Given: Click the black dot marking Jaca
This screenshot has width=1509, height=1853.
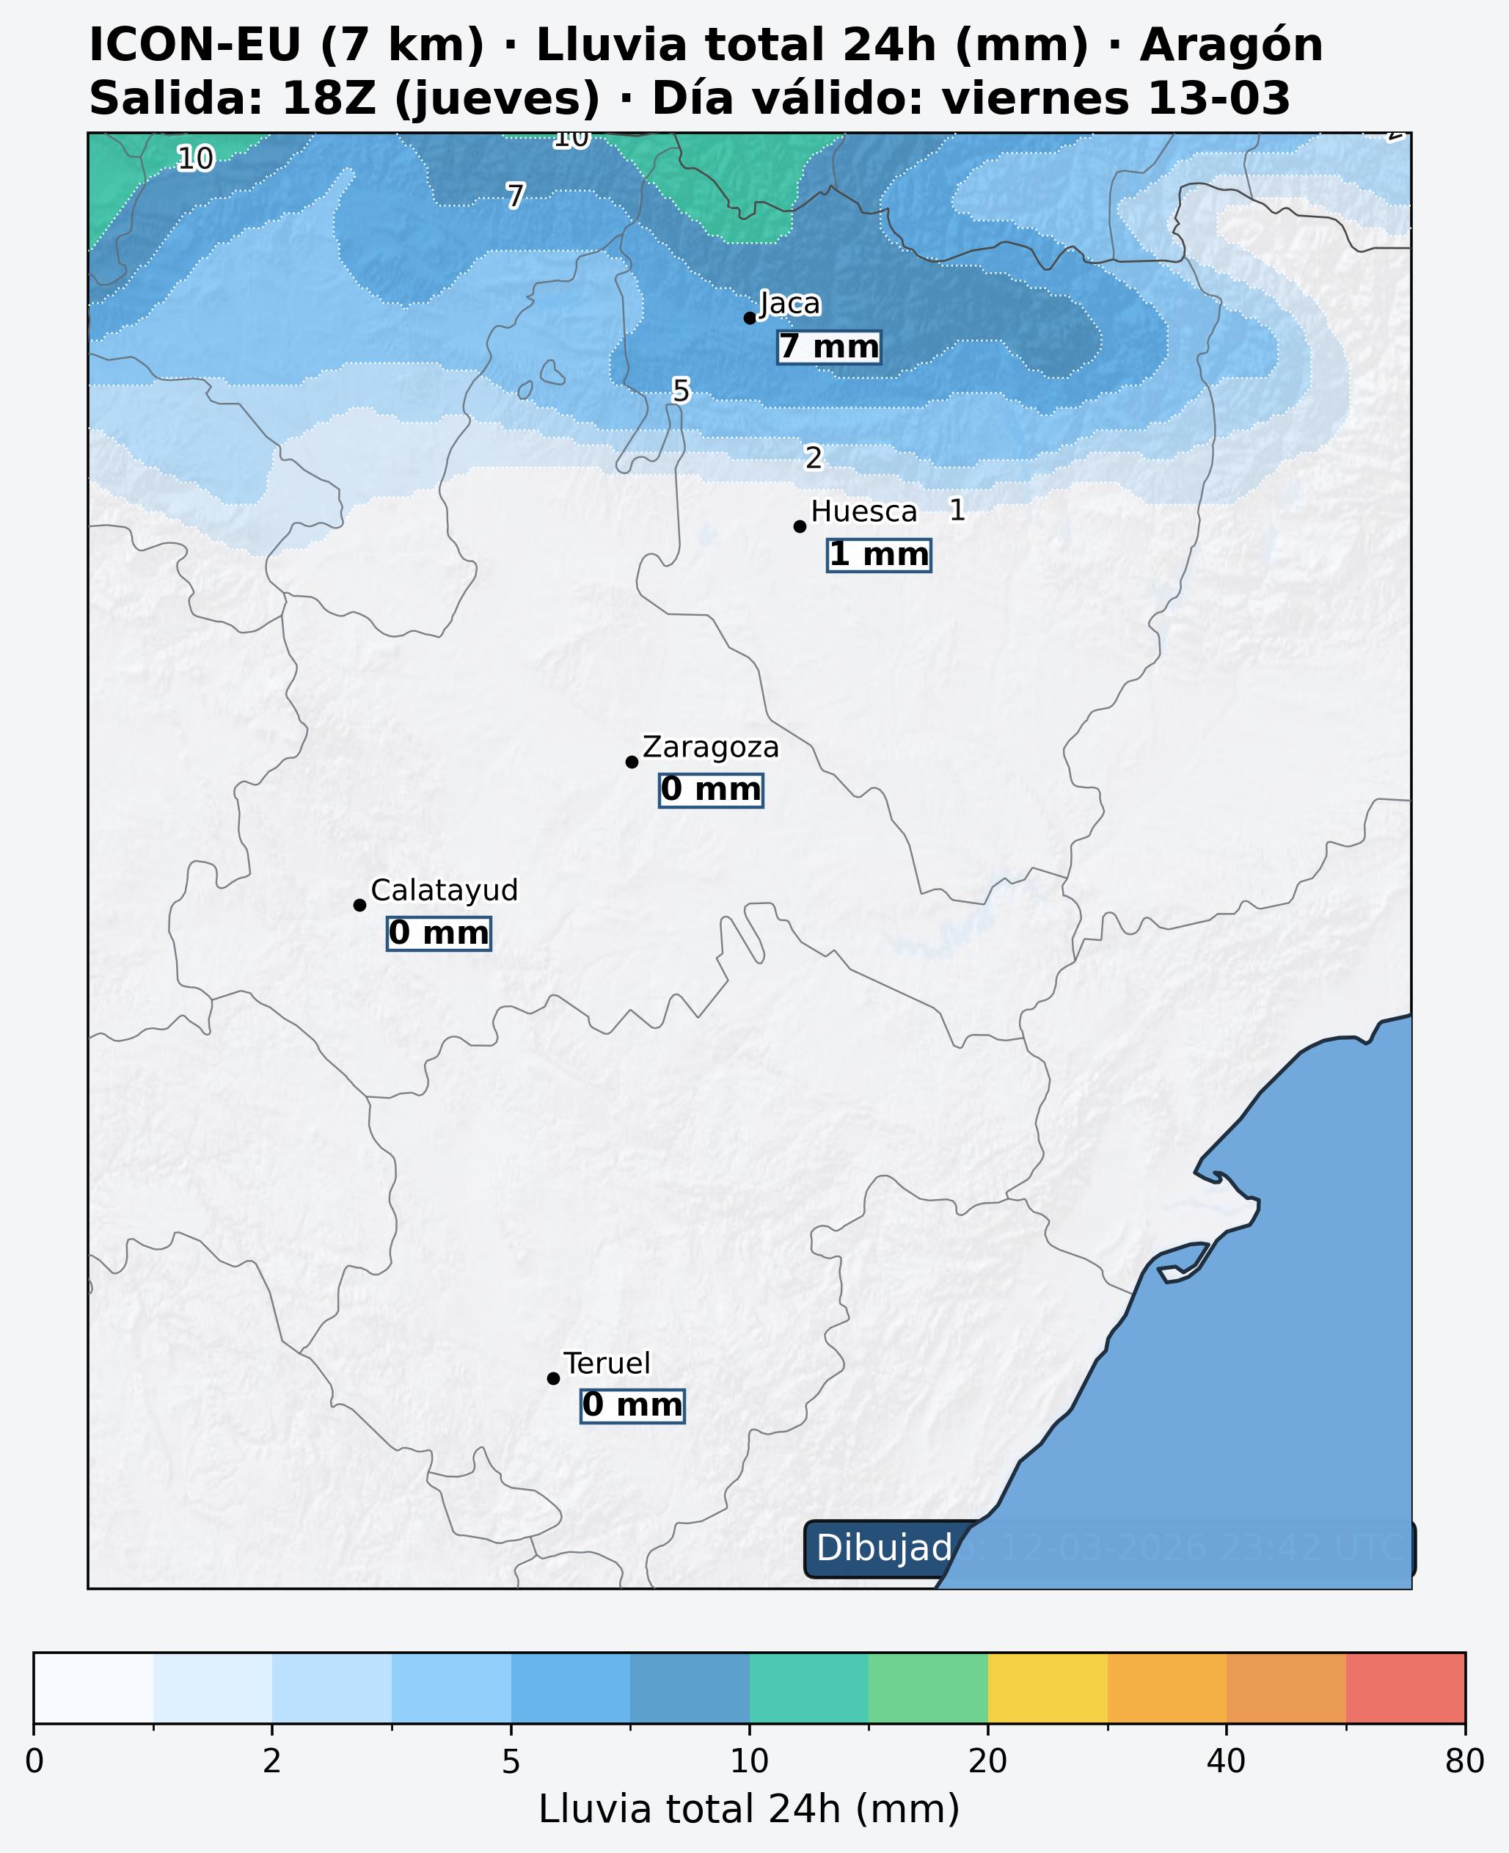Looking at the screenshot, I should [x=749, y=318].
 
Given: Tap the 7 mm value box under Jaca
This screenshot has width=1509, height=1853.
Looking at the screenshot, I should [x=828, y=347].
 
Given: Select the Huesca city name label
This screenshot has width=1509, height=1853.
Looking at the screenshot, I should [x=863, y=512].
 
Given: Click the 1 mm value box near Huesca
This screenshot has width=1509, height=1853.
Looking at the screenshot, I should [x=879, y=555].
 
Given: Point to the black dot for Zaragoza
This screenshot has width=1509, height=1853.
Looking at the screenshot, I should [x=632, y=762].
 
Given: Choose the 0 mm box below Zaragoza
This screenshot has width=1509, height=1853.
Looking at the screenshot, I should [x=711, y=790].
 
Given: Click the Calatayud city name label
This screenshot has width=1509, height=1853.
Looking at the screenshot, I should [x=444, y=890].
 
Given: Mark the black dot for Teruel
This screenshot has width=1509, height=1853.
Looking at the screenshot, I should [x=553, y=1378].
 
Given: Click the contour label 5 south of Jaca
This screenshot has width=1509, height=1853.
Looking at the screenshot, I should [x=681, y=391].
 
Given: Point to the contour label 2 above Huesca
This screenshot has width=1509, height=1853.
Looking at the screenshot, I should [x=813, y=457].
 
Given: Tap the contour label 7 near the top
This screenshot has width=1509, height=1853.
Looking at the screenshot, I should [x=516, y=196].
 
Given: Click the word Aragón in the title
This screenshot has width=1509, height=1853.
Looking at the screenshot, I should [x=1231, y=45].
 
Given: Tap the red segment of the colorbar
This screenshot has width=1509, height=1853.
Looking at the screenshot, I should [x=1405, y=1688].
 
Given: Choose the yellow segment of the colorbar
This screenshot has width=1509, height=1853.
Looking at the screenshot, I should [x=1048, y=1688].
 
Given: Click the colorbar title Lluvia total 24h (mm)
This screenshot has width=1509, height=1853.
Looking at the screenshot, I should [x=748, y=1810].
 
